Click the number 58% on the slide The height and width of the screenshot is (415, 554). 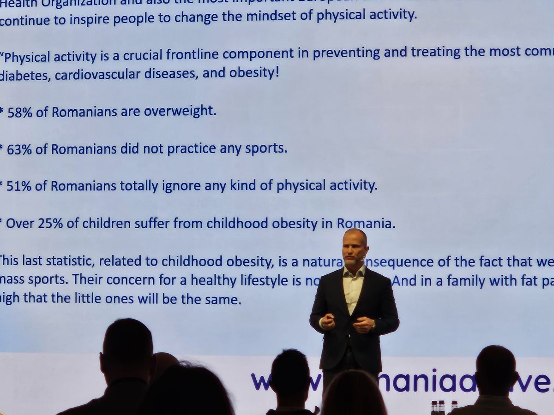pyautogui.click(x=19, y=112)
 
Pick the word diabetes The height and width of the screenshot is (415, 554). pyautogui.click(x=25, y=76)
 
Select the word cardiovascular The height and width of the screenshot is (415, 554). pyautogui.click(x=97, y=75)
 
